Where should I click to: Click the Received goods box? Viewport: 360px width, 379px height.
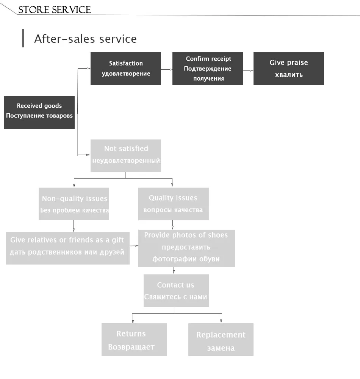click(39, 113)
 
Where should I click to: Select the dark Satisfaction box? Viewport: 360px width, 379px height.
click(125, 69)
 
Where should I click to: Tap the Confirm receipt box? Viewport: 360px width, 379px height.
click(207, 69)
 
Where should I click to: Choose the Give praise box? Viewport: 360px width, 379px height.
click(288, 69)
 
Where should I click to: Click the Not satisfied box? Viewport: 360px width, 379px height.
click(125, 155)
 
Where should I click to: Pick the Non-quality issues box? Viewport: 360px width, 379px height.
click(74, 204)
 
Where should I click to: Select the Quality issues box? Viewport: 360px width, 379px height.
click(173, 204)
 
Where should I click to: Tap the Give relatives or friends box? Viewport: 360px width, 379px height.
click(67, 248)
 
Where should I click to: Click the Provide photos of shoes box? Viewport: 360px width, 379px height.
click(186, 248)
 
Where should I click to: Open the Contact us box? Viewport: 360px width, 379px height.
click(176, 291)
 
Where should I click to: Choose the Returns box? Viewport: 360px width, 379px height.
click(134, 340)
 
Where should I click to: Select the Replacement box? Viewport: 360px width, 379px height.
click(221, 340)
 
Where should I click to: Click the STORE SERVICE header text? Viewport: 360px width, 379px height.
click(55, 9)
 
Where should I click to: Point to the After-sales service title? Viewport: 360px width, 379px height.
click(85, 39)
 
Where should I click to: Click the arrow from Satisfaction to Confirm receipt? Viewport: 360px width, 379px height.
click(166, 69)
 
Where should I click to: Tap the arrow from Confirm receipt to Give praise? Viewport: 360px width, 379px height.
click(248, 70)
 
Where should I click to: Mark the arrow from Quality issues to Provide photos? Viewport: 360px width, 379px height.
click(173, 225)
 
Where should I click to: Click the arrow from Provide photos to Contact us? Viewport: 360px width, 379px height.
click(174, 270)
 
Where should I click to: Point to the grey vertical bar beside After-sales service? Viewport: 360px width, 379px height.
click(23, 38)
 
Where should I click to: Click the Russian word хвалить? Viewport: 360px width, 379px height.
click(288, 75)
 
